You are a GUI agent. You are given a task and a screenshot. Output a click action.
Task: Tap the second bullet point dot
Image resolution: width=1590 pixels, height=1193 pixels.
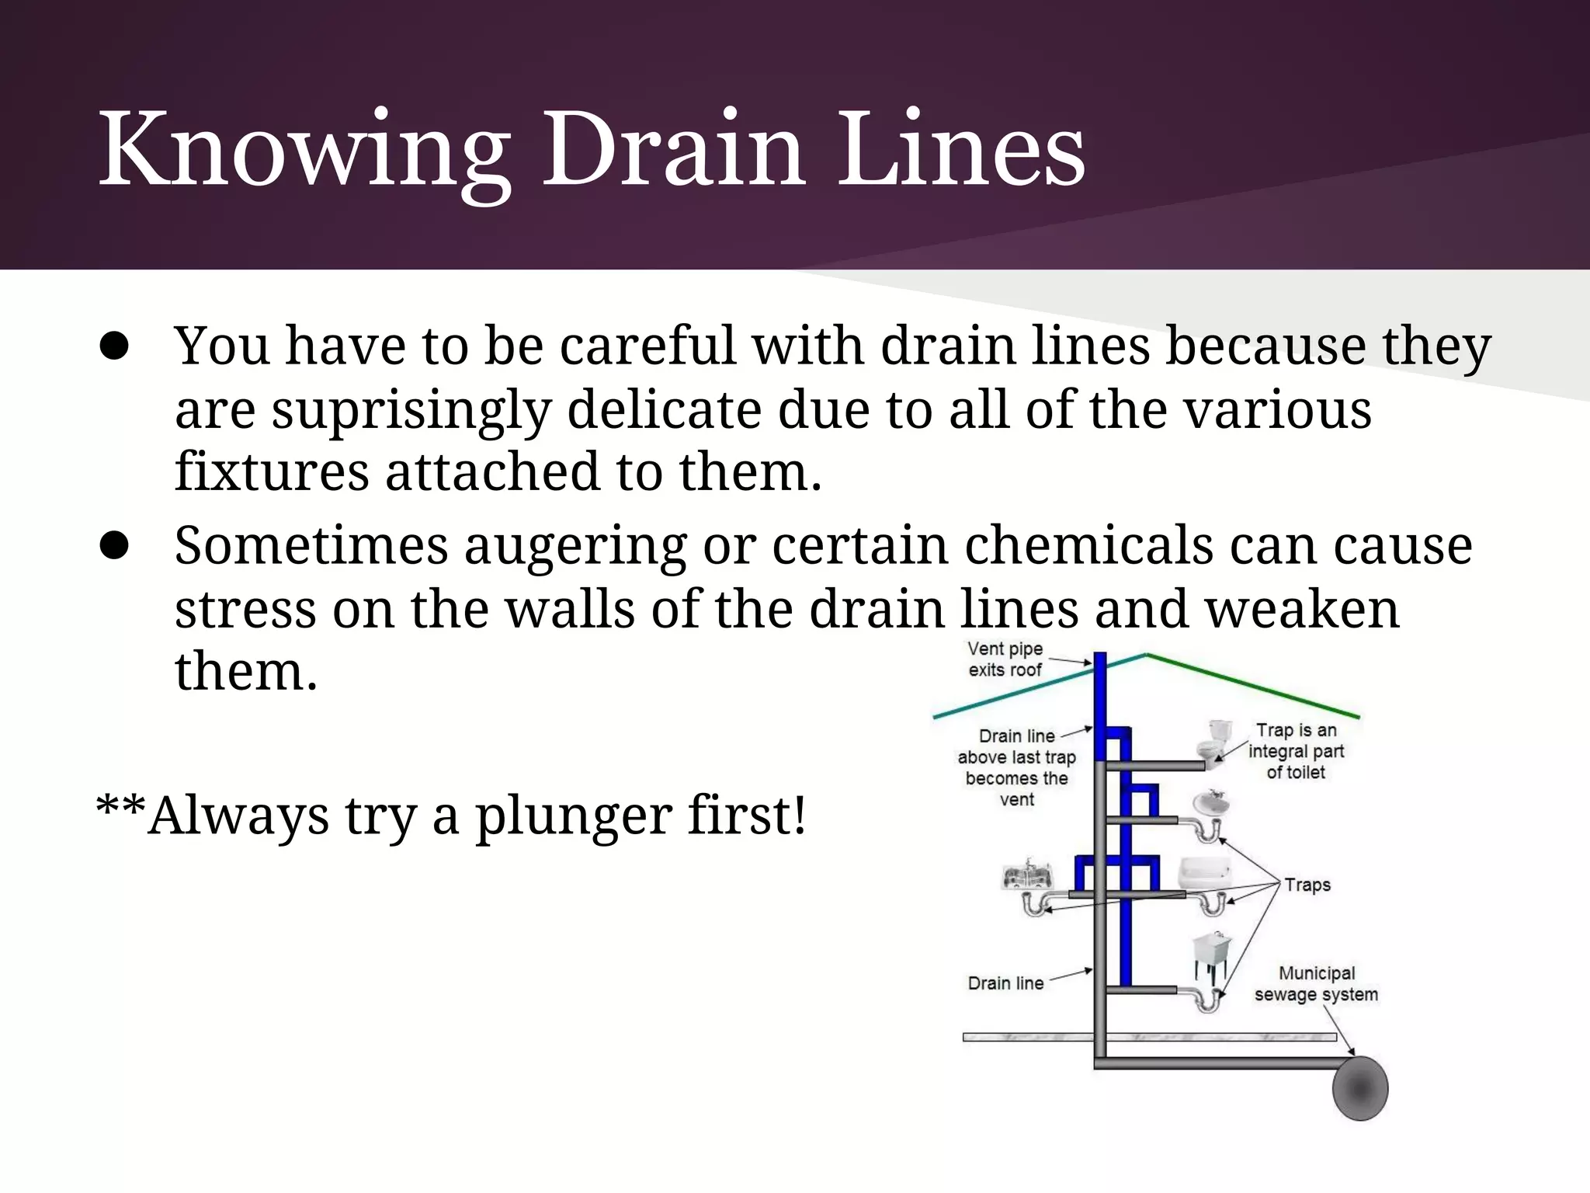click(x=113, y=547)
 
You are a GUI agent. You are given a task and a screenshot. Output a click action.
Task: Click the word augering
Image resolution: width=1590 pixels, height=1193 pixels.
click(x=575, y=545)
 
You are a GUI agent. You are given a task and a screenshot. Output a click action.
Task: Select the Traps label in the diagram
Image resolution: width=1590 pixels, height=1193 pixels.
click(x=1307, y=885)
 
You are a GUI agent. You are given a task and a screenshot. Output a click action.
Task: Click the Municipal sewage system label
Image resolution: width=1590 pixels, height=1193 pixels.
click(x=1316, y=984)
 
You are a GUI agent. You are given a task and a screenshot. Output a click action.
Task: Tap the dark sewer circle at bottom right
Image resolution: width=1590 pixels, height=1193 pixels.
click(x=1359, y=1088)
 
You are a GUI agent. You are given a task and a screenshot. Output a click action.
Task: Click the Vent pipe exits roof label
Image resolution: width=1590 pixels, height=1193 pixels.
click(x=1005, y=659)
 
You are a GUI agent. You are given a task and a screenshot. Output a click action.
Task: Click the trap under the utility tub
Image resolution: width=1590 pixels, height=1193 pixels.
click(x=1207, y=1000)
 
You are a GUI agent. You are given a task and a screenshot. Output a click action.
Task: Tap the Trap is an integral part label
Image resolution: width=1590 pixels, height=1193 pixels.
click(x=1296, y=751)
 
